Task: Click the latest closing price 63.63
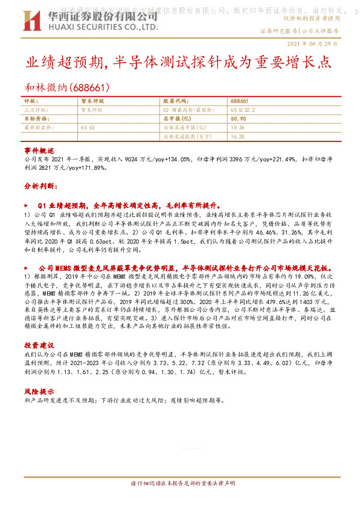point(88,128)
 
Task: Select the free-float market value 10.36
point(237,128)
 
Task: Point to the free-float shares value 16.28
point(237,137)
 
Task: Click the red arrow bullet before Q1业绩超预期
point(26,205)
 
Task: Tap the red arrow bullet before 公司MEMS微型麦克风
point(26,267)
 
